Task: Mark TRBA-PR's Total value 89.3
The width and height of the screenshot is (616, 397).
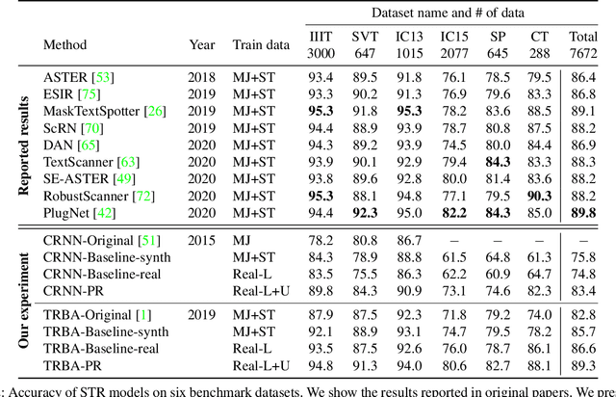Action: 584,365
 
